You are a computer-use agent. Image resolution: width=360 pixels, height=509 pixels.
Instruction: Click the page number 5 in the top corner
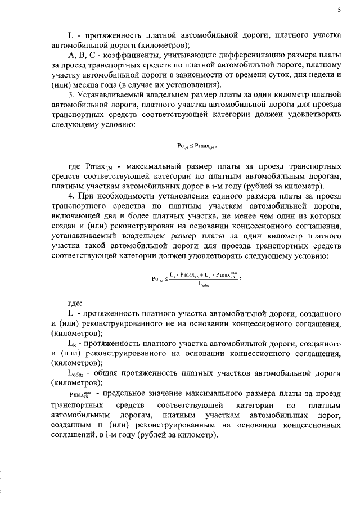pyautogui.click(x=340, y=10)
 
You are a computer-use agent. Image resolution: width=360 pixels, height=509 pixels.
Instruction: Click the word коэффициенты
pyautogui.click(x=126, y=55)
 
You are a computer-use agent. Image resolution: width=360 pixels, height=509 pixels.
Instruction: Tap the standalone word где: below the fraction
pyautogui.click(x=75, y=303)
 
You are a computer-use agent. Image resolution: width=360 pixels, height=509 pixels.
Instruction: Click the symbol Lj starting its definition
pyautogui.click(x=70, y=313)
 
